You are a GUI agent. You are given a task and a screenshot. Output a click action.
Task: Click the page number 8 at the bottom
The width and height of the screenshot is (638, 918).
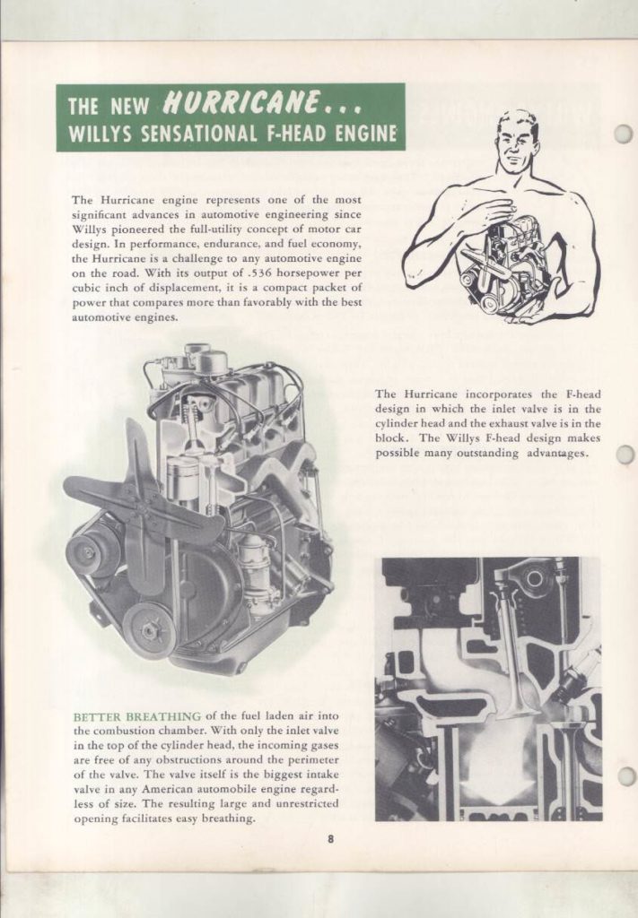(330, 839)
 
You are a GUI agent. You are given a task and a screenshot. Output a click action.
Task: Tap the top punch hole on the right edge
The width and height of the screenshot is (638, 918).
(624, 134)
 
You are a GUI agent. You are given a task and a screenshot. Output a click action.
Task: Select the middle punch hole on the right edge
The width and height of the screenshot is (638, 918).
(625, 455)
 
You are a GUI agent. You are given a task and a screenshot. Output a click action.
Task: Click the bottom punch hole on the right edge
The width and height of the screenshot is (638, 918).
(625, 775)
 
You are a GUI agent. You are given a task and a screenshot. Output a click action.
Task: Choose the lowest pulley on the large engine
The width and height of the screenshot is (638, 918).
(148, 629)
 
